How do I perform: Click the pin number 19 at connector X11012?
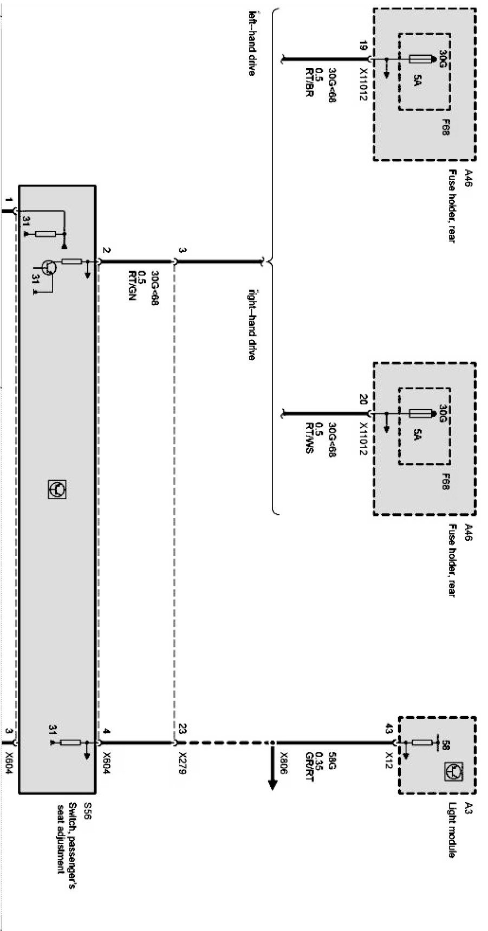[363, 47]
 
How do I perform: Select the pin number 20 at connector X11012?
[363, 401]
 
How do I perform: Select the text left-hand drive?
[251, 43]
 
